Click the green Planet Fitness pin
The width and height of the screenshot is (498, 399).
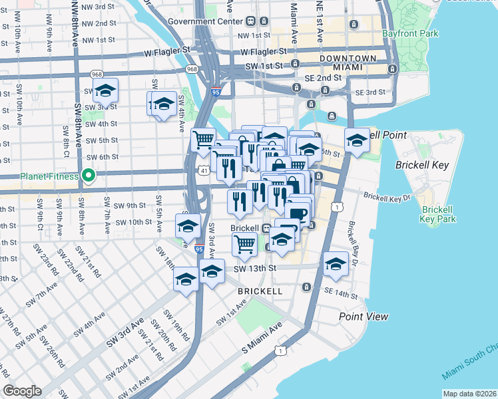(87, 176)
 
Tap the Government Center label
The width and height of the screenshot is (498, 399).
(198, 21)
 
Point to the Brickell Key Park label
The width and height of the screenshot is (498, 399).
(438, 213)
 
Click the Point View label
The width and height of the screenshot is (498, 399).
(364, 317)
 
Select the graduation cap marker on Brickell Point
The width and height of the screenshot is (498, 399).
(357, 140)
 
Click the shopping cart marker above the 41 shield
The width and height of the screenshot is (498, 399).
(203, 140)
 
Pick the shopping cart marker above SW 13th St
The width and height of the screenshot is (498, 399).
(244, 244)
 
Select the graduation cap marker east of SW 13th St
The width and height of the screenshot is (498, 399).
(336, 264)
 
